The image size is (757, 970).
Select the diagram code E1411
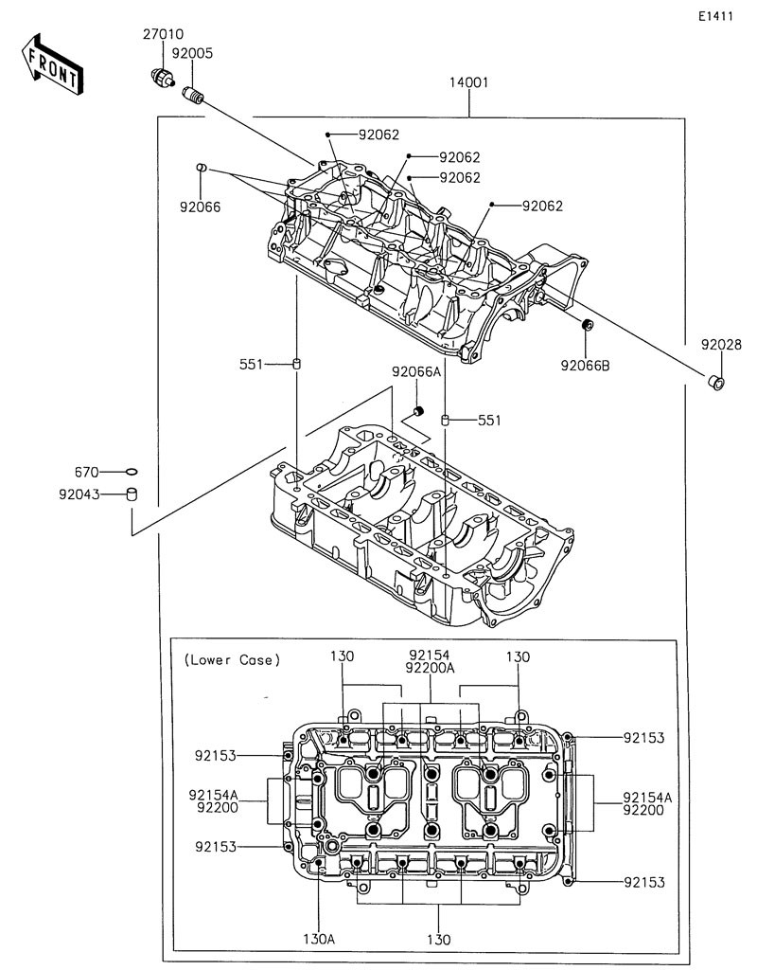(x=715, y=16)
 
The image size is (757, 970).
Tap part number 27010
(x=163, y=35)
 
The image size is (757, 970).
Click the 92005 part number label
(x=192, y=53)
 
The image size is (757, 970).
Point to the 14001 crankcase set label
(x=469, y=82)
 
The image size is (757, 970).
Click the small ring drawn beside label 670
(x=131, y=472)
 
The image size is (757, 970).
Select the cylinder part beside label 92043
(x=131, y=494)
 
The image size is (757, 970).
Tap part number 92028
(x=720, y=345)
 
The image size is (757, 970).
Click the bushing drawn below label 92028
(x=716, y=383)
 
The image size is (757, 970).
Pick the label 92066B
(x=585, y=366)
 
